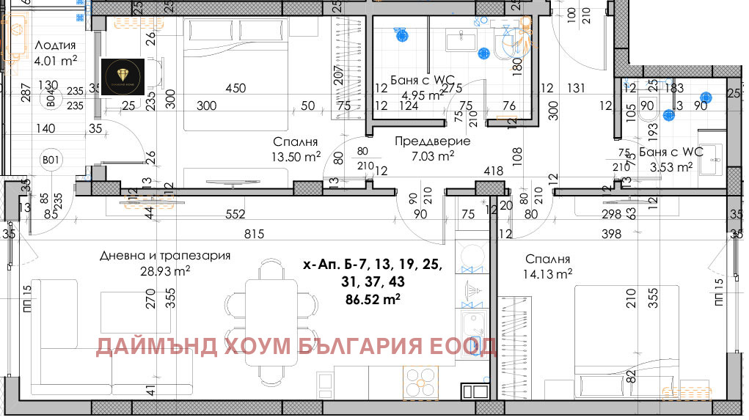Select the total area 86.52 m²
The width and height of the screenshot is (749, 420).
click(x=373, y=298)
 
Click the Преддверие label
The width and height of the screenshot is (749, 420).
click(x=432, y=141)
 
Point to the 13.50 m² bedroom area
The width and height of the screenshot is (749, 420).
click(x=296, y=156)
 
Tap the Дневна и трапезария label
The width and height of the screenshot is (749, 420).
click(x=165, y=256)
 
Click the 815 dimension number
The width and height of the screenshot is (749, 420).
click(x=253, y=235)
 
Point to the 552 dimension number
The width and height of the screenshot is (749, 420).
click(x=235, y=214)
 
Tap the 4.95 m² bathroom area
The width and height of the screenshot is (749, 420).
click(x=420, y=94)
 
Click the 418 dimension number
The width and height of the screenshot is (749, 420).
click(x=493, y=171)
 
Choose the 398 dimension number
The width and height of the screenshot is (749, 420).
click(x=610, y=235)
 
